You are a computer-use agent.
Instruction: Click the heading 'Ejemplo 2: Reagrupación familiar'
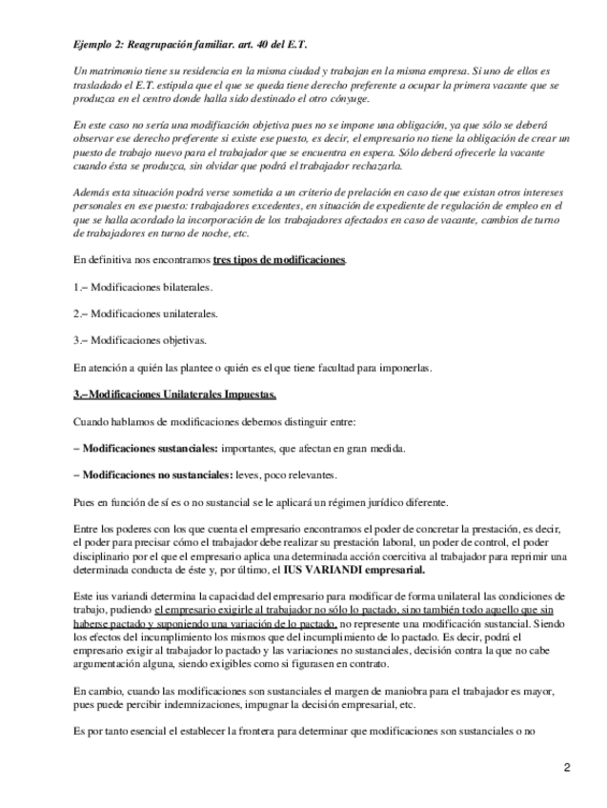click(191, 45)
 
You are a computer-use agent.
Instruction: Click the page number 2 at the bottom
click(566, 767)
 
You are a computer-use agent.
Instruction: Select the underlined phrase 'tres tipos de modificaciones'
click(279, 260)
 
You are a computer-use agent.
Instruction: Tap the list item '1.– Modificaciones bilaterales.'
click(143, 287)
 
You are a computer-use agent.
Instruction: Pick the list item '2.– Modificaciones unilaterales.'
click(146, 313)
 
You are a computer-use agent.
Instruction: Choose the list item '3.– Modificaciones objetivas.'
click(139, 339)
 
